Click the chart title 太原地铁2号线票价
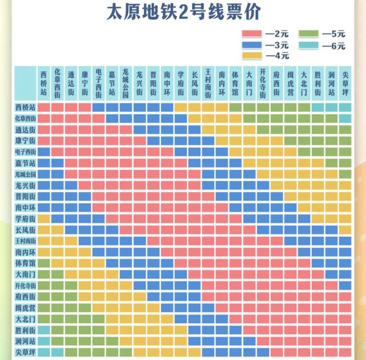coord(183,13)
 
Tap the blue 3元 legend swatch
coord(252,45)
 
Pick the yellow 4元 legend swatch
coord(252,56)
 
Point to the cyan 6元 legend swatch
coord(309,45)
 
